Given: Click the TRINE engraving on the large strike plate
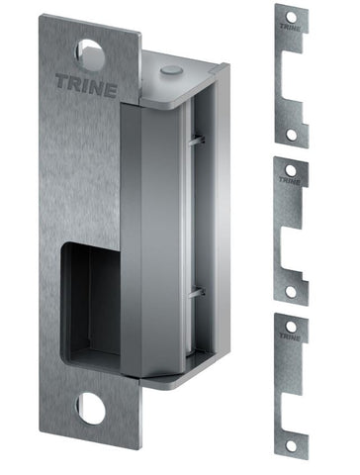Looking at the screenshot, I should tap(88, 87).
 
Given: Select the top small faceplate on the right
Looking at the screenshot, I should tap(291, 75).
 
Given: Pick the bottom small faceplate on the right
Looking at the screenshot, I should tap(291, 386).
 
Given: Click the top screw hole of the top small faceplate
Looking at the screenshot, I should tap(290, 17).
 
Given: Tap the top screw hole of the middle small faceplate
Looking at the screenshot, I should tap(290, 170).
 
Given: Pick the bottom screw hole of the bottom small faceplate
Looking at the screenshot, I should tap(290, 446).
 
